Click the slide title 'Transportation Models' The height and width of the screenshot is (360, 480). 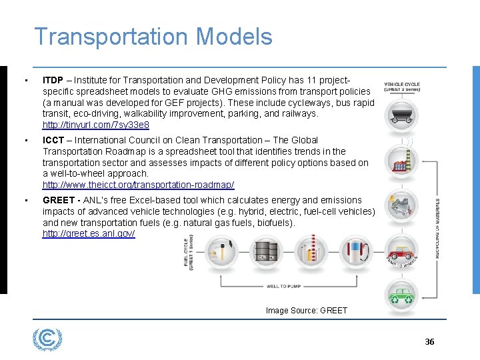point(153,36)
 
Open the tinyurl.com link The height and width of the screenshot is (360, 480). point(96,125)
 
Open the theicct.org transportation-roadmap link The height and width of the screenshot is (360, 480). point(139,185)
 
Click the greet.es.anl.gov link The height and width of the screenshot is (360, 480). point(89,234)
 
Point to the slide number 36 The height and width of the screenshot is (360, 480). point(429,342)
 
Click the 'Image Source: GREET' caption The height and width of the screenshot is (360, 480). point(307,310)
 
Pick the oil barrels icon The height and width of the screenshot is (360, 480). point(263,251)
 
